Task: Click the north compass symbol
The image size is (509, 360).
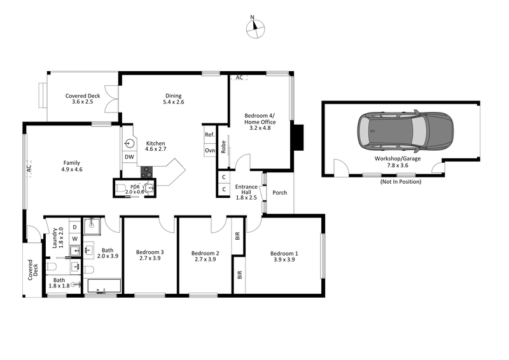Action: coord(256,26)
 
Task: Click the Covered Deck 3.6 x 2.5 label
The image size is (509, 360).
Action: coord(83,99)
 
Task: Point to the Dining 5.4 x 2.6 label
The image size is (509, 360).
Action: coord(173,99)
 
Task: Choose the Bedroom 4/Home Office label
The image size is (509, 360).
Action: coord(260,121)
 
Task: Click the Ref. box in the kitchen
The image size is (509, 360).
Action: coord(209,135)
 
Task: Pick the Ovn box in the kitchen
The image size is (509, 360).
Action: coord(209,150)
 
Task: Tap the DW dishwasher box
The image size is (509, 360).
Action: coord(129,156)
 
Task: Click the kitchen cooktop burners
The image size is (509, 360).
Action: coord(146,172)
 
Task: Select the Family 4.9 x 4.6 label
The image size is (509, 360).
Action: coord(73,165)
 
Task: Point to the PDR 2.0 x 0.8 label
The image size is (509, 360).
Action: coord(135,189)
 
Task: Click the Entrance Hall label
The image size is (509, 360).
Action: coord(246,192)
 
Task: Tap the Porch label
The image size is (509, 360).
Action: coord(279,193)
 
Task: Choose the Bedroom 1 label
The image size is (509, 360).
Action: coord(286,257)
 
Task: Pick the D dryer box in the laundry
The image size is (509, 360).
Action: coord(74,226)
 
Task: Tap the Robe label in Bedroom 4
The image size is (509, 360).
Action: coord(223,146)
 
